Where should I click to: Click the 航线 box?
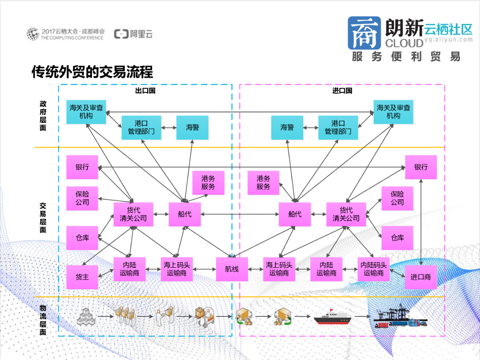pos(232,269)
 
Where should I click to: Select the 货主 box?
pos(82,277)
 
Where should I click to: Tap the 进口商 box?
pos(420,277)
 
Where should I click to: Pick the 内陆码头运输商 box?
pos(374,269)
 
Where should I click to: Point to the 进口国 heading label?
pos(342,90)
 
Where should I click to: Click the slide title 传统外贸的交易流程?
pos(92,72)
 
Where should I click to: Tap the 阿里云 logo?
pos(134,34)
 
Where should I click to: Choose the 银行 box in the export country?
pos(82,167)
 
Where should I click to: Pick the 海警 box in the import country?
pos(287,127)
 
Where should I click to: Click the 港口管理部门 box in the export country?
pos(141,127)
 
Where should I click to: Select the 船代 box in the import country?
pos(295,214)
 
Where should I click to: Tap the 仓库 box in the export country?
pos(82,238)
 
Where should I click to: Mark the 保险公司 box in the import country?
pos(397,198)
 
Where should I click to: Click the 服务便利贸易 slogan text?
pos(406,57)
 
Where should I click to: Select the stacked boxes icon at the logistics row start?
pos(86,317)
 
